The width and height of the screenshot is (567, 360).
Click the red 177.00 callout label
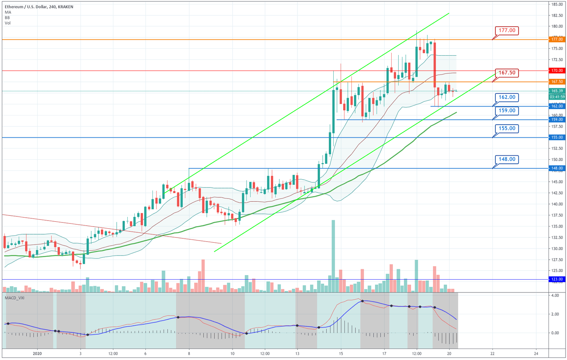[x=507, y=30]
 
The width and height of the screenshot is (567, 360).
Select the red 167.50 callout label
[x=507, y=73]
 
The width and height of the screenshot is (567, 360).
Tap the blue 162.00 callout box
[x=507, y=97]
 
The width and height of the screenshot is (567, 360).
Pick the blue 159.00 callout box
[x=507, y=111]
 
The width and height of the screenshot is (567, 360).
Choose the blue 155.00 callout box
[x=507, y=128]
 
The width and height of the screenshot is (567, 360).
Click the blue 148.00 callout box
[x=507, y=159]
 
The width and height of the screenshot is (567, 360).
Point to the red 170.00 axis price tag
[x=557, y=70]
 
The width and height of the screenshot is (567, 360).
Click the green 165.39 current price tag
[x=557, y=91]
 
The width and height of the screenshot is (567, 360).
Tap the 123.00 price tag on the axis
[x=557, y=279]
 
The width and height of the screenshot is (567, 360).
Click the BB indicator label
[x=7, y=18]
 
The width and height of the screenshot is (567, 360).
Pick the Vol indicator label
[x=8, y=23]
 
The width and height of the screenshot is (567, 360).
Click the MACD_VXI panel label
[x=15, y=298]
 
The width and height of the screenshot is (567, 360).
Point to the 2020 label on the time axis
[x=38, y=353]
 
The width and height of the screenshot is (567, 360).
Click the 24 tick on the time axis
[x=536, y=353]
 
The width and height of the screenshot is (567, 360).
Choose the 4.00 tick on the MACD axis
[x=555, y=296]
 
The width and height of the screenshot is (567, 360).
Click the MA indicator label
[x=8, y=13]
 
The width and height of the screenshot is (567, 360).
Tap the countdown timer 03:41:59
[x=557, y=97]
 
